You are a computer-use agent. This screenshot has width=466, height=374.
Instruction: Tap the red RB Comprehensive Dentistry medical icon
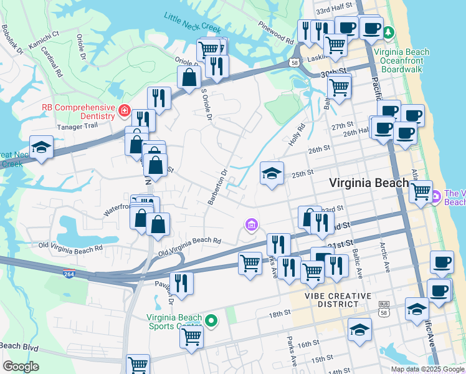(x=125, y=112)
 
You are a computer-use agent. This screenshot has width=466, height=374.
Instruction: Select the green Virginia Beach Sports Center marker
(x=212, y=322)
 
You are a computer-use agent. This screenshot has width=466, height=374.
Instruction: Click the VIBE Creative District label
(x=338, y=300)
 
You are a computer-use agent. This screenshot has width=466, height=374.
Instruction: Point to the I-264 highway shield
(x=69, y=273)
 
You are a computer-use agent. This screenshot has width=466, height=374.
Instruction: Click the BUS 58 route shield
(x=384, y=305)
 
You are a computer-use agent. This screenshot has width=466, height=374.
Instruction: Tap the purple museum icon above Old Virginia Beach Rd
(x=250, y=224)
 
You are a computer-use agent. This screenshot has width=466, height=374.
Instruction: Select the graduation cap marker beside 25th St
(x=272, y=173)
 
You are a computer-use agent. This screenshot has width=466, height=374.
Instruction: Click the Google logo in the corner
(x=20, y=367)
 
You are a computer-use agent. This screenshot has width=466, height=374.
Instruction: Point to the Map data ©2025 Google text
(x=427, y=369)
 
